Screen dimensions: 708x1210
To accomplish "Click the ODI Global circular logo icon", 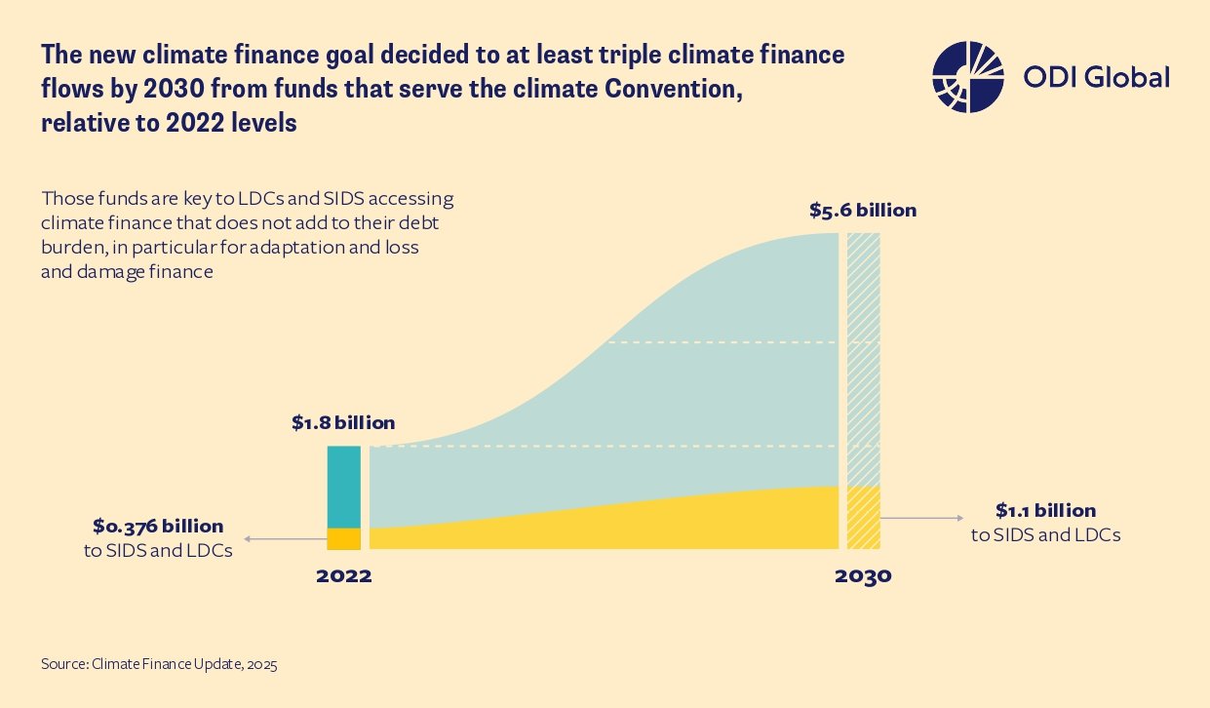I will tap(967, 78).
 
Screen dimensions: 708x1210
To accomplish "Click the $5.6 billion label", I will tap(863, 210).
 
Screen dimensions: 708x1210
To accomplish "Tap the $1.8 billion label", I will tap(343, 423).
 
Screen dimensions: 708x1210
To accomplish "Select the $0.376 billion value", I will tap(158, 527).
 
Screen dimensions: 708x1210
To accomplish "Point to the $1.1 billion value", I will tap(1045, 511).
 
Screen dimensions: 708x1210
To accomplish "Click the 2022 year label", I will tap(343, 575).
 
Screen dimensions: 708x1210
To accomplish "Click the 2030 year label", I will tap(863, 575).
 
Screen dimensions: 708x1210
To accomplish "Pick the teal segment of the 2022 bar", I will tap(343, 486).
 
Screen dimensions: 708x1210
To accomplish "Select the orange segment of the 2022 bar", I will tap(343, 538).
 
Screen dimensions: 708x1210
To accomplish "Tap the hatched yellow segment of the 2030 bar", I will tap(863, 517).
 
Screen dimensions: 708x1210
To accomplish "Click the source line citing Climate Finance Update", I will tap(159, 665).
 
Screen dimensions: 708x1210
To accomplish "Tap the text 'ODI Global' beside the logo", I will tap(1096, 78).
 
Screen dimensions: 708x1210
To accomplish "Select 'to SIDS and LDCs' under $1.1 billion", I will tap(1045, 534).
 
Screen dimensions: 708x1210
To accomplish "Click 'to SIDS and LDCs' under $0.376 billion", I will tap(158, 550).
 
